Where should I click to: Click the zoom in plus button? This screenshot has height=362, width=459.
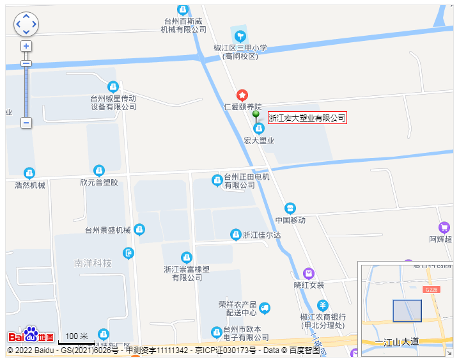click(x=26, y=46)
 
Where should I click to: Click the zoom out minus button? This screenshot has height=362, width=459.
click(x=26, y=122)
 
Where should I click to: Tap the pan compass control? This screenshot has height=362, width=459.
click(x=26, y=24)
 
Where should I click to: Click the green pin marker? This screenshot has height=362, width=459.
click(x=256, y=116)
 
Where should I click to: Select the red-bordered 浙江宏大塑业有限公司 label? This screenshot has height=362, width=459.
click(x=307, y=118)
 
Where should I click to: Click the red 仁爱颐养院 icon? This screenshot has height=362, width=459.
click(x=242, y=95)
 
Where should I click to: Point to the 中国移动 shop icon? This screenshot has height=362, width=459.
click(x=290, y=209)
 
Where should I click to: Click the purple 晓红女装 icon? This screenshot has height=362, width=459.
click(x=309, y=274)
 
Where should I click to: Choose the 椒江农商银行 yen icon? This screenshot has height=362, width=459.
click(x=323, y=305)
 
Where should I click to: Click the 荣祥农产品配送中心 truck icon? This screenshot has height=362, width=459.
click(x=265, y=308)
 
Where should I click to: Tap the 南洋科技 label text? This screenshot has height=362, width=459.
click(x=93, y=263)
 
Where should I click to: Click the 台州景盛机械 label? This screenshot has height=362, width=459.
click(x=107, y=230)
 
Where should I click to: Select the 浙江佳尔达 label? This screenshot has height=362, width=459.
click(x=261, y=235)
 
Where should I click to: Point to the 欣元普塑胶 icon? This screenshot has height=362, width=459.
click(x=99, y=170)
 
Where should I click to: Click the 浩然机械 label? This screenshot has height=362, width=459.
click(x=30, y=185)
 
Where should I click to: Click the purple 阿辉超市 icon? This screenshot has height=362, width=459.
click(x=444, y=228)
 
